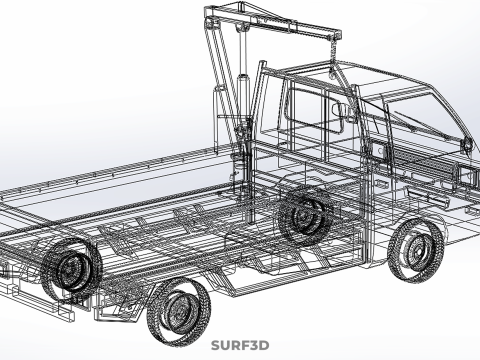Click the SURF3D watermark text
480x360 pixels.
point(240,345)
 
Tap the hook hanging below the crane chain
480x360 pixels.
point(332,74)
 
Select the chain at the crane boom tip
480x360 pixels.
point(333,55)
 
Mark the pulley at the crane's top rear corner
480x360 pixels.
point(210,23)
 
